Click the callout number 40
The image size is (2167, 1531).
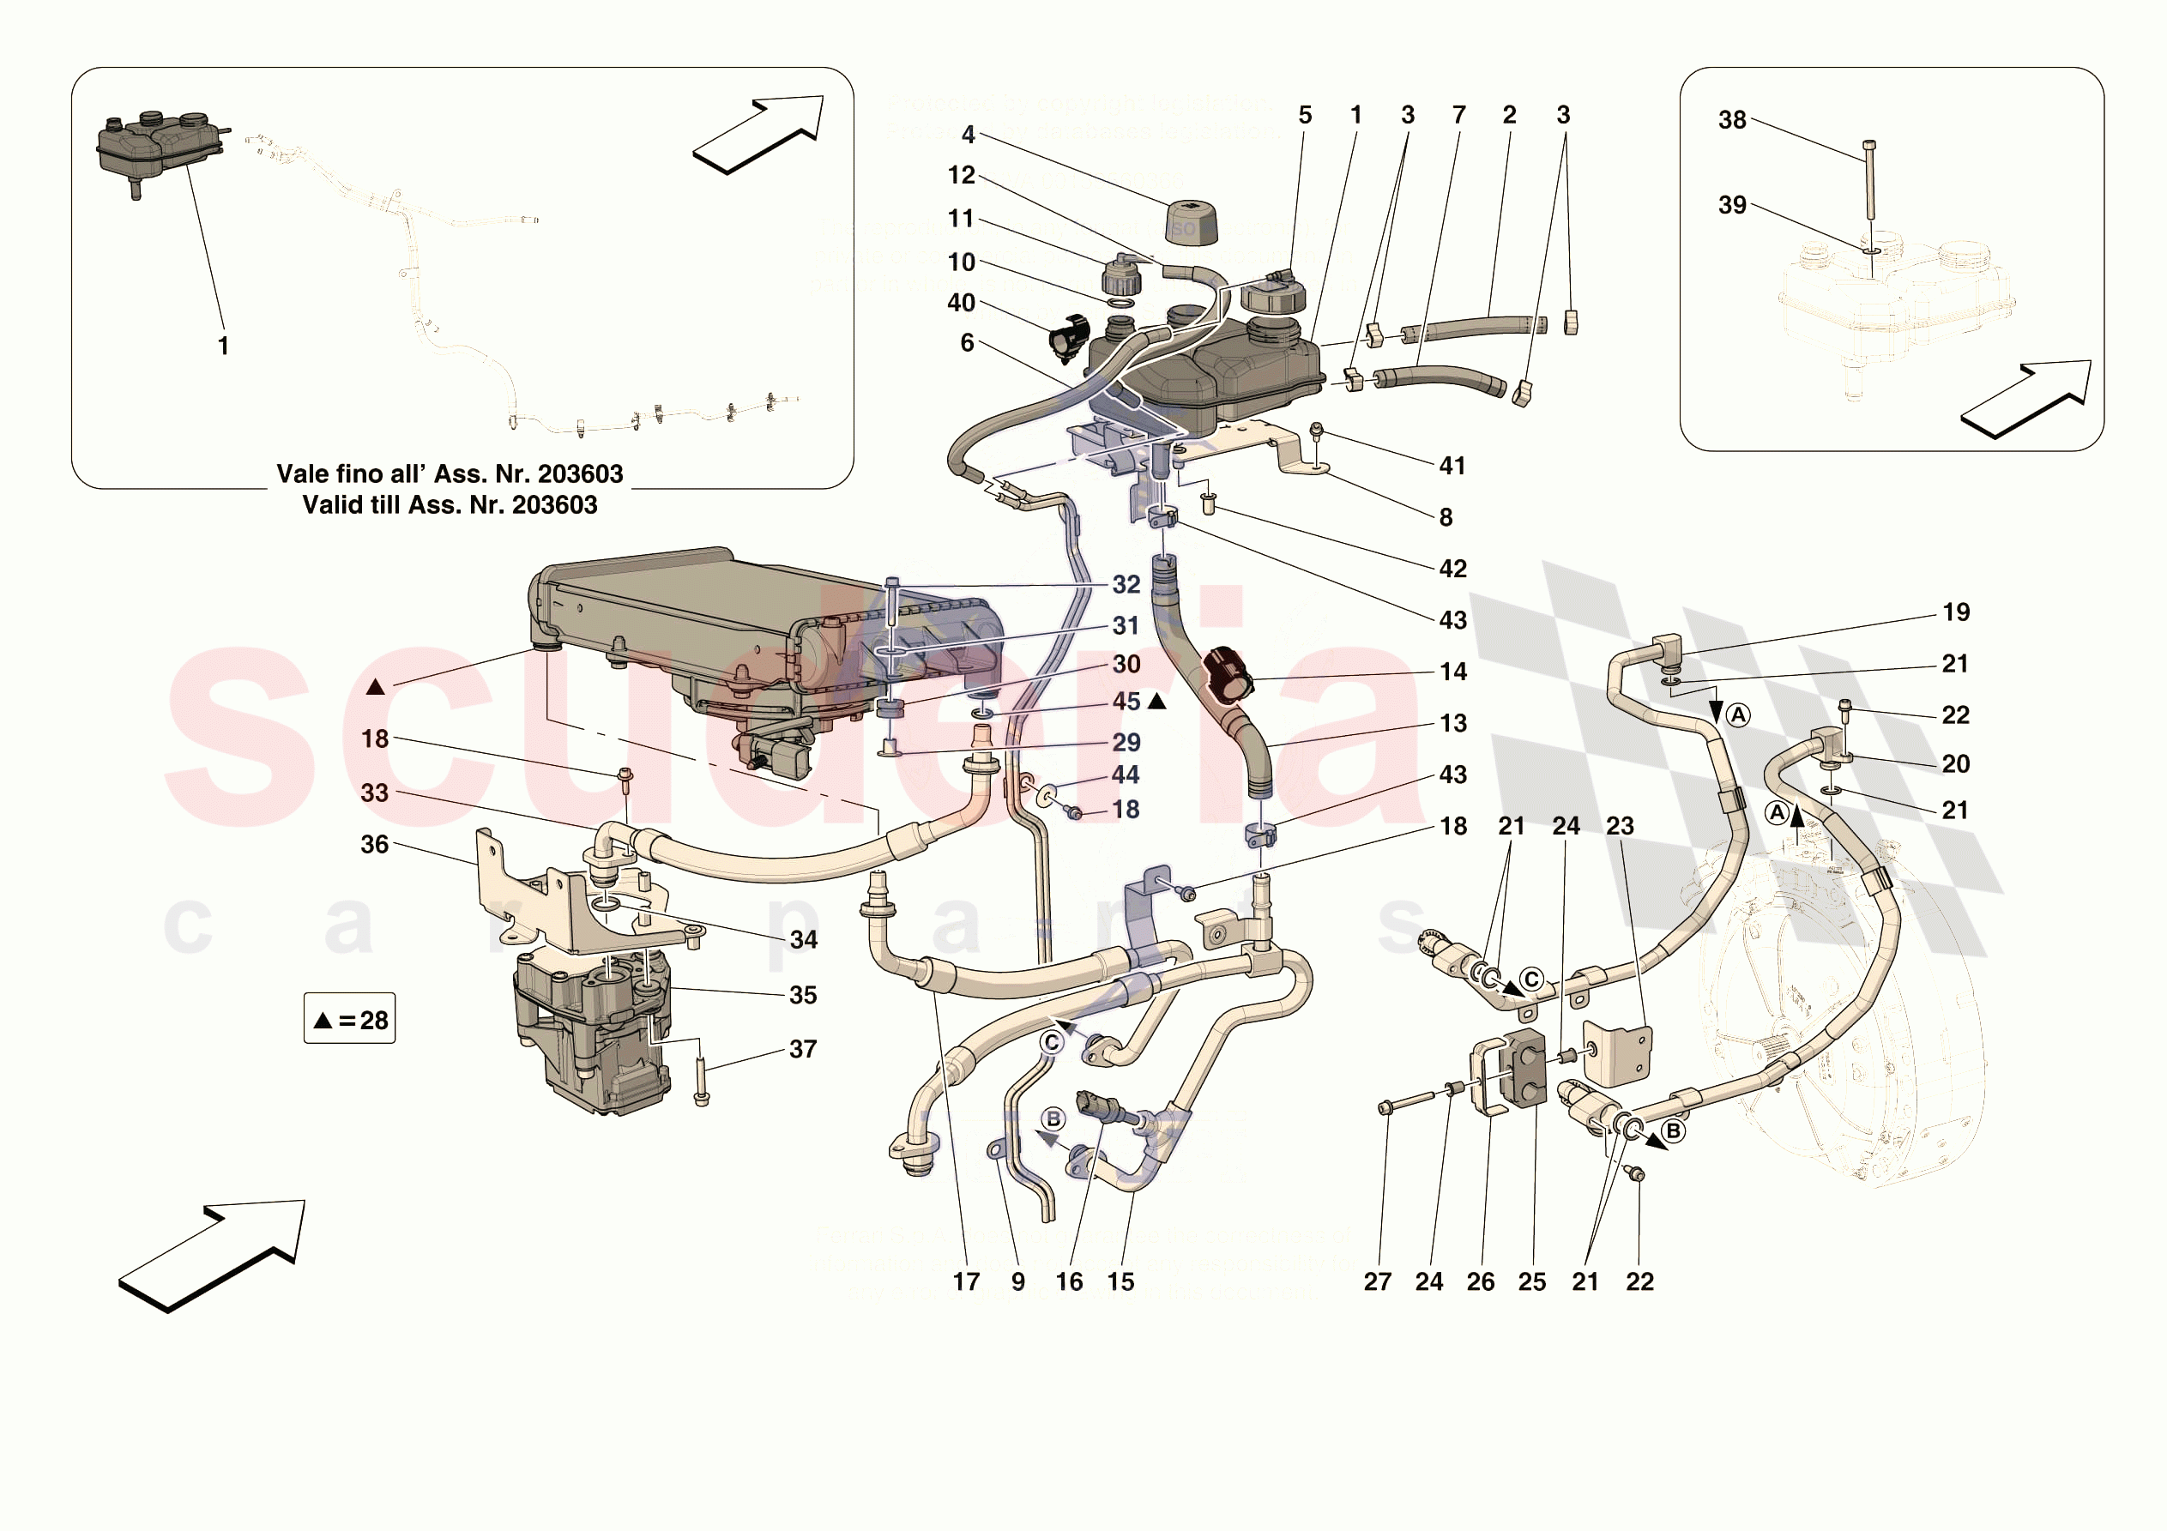click(x=961, y=303)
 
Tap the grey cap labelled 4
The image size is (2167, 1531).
click(x=1190, y=222)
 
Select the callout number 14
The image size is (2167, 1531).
click(x=1452, y=672)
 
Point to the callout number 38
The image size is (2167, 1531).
click(x=1732, y=120)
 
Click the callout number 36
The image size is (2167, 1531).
click(x=375, y=845)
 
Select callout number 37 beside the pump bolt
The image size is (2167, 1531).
click(x=802, y=1050)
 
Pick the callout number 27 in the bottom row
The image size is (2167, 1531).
click(x=1377, y=1281)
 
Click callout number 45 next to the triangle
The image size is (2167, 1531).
click(x=1126, y=702)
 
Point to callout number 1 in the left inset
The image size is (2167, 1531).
click(x=223, y=347)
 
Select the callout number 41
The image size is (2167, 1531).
click(x=1452, y=466)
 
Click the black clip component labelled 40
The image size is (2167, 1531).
click(x=1069, y=337)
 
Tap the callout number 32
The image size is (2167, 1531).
click(x=1126, y=584)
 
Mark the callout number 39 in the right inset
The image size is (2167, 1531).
click(x=1732, y=205)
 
